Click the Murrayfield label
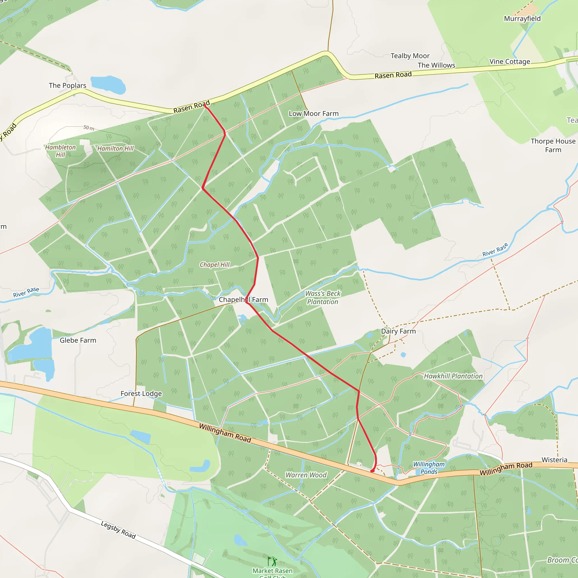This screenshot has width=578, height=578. (x=522, y=19)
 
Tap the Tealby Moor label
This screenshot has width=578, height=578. (x=410, y=56)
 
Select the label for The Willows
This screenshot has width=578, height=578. (x=436, y=65)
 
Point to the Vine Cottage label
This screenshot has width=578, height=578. (x=510, y=62)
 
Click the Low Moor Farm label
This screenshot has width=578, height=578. (x=314, y=114)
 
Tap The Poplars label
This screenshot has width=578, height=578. (x=68, y=86)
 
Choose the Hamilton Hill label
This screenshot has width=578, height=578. (x=115, y=148)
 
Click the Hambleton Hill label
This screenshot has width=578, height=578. (x=60, y=151)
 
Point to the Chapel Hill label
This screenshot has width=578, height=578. (x=215, y=265)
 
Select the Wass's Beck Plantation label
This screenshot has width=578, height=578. (x=323, y=298)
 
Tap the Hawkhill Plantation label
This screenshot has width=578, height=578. (x=453, y=376)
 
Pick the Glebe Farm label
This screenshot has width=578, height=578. (x=78, y=340)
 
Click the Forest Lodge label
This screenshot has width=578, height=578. (x=141, y=394)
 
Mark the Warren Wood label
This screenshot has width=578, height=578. (x=306, y=475)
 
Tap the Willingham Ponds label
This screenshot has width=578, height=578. (x=429, y=468)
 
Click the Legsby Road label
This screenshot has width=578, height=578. (x=118, y=530)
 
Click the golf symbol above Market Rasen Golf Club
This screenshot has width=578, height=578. (x=272, y=561)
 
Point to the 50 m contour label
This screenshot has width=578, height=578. (x=89, y=128)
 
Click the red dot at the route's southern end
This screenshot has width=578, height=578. (x=373, y=471)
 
